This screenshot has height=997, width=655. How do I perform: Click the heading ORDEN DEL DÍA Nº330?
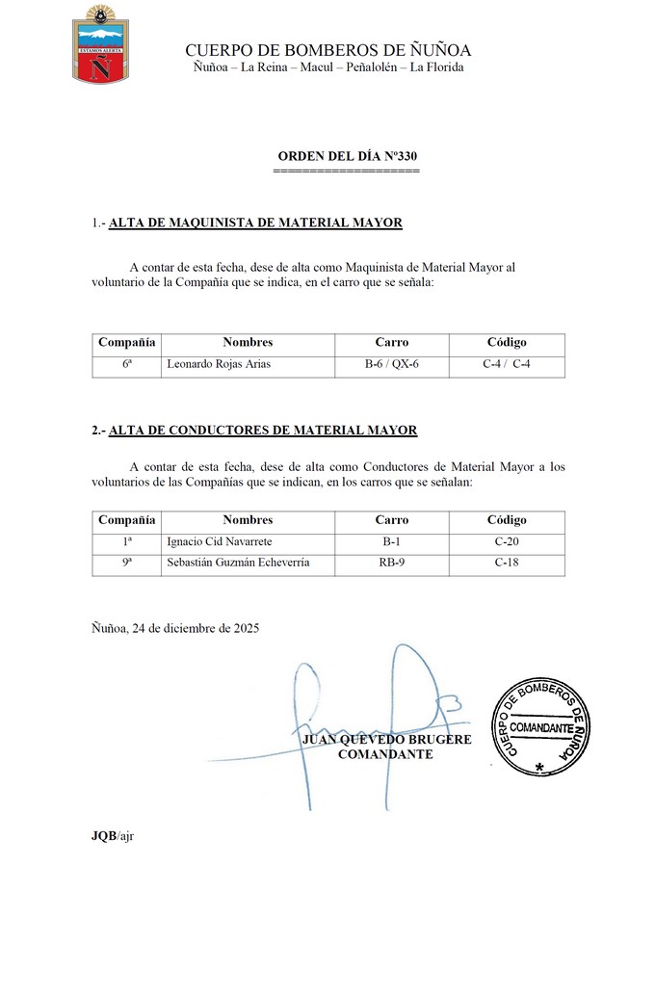pos(347,156)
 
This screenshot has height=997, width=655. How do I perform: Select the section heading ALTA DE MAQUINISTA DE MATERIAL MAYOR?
pos(255,223)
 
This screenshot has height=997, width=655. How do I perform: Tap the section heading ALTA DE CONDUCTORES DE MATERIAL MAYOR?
pos(263,431)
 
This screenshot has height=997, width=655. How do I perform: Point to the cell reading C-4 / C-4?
pos(507,365)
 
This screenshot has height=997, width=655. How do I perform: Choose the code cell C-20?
pos(507,542)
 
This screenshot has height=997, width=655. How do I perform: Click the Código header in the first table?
pos(507,342)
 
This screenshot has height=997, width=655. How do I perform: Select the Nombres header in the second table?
pos(248,520)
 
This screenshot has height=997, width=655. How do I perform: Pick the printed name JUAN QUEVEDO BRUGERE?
pos(387,740)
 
